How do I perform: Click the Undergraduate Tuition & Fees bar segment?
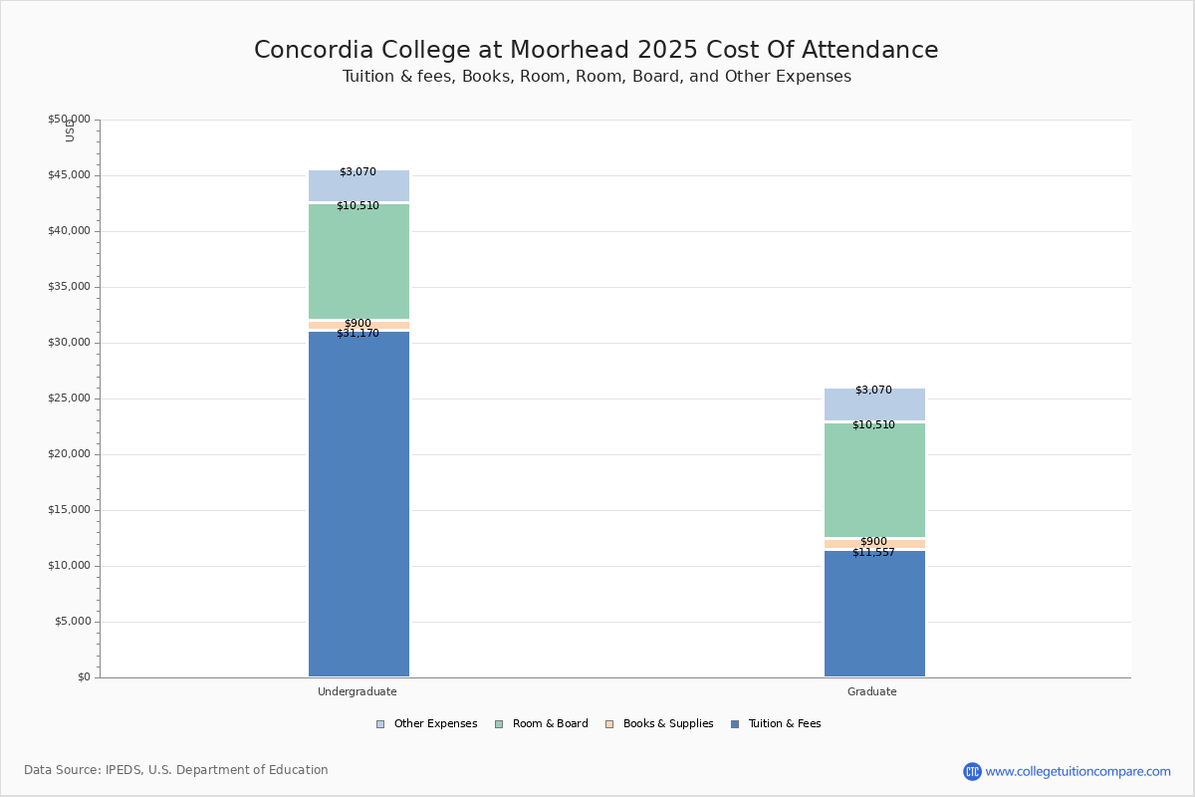[358, 503]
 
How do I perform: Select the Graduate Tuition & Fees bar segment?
[874, 613]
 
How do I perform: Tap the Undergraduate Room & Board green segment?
[358, 261]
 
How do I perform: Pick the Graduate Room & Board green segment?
[874, 480]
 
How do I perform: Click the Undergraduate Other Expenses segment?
[358, 186]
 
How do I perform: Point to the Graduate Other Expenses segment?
[874, 404]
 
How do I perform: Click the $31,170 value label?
[358, 334]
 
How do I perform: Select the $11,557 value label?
[873, 552]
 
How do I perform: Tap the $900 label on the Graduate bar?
[873, 542]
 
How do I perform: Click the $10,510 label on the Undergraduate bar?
[358, 206]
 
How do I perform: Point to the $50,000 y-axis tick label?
[69, 120]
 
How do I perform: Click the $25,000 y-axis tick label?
[69, 398]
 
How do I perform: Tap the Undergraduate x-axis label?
[358, 691]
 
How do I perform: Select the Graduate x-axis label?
[872, 691]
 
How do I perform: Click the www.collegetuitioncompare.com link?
[1077, 771]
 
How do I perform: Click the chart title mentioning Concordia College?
[597, 51]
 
